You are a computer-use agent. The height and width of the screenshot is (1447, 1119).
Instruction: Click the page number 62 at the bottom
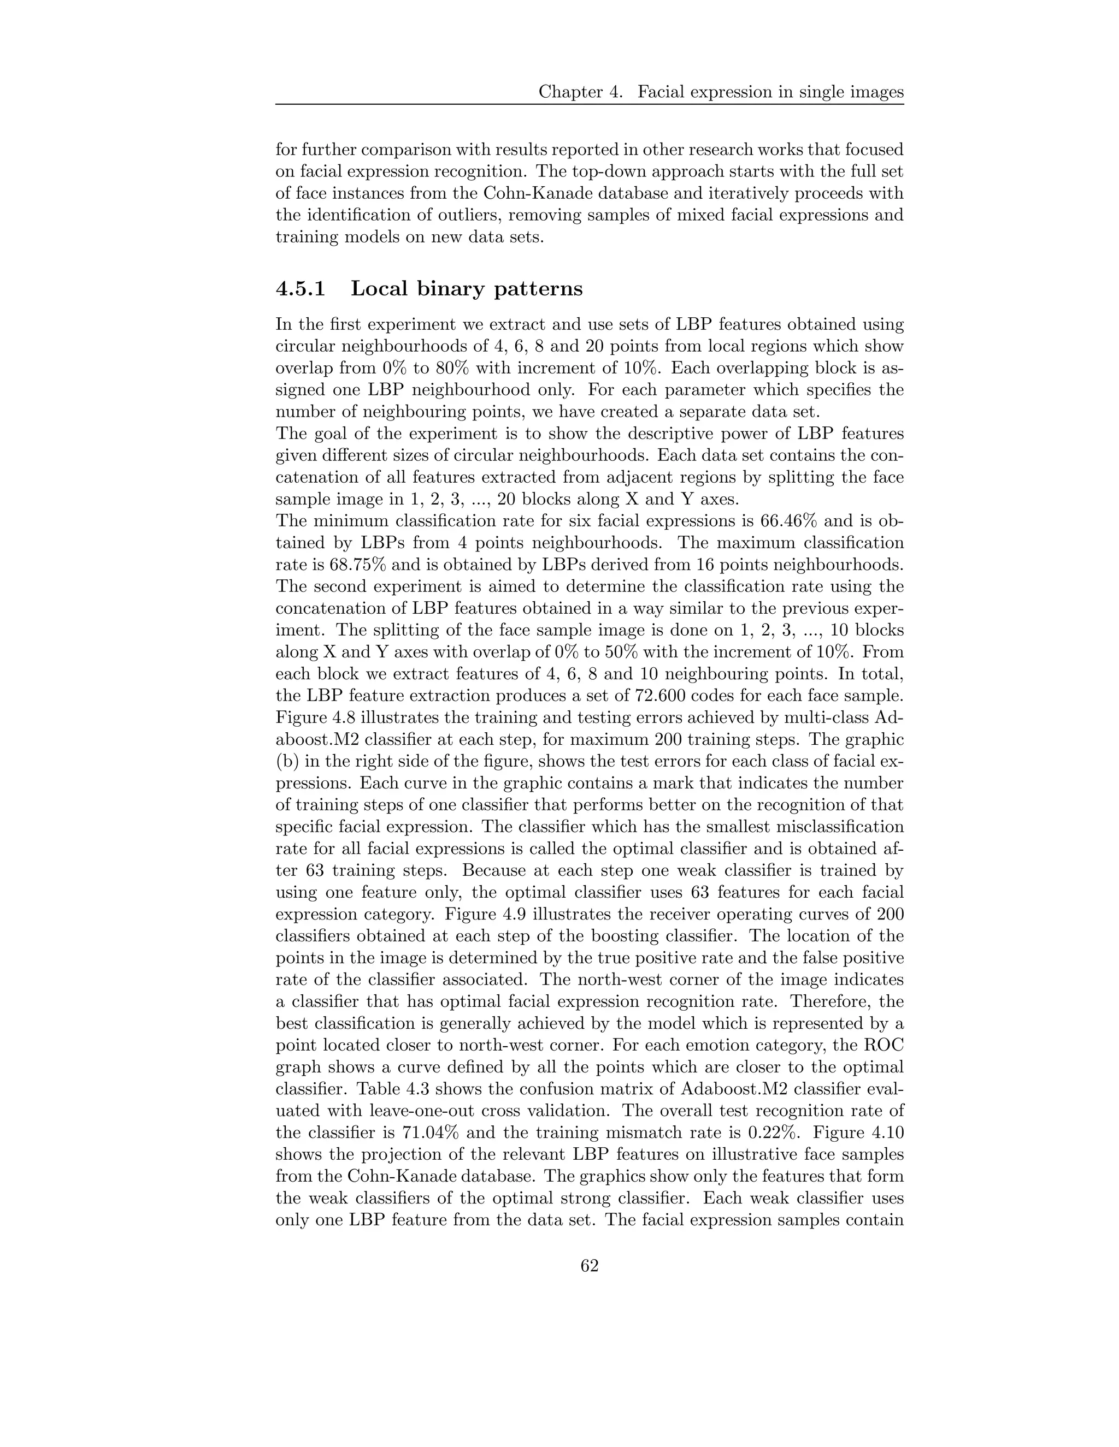pyautogui.click(x=590, y=1266)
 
